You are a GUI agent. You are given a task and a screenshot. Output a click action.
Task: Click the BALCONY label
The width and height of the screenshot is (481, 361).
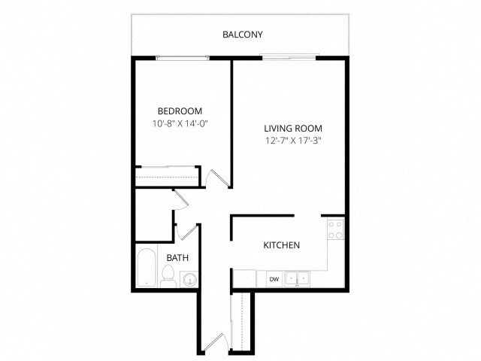coord(243,35)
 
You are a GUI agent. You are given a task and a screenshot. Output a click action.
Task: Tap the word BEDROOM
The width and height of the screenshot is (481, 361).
coord(180,111)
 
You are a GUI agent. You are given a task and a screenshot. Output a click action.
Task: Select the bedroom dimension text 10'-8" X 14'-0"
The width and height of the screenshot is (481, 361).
coord(180,123)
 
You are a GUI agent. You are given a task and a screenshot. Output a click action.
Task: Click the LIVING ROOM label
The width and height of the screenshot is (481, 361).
coord(293,129)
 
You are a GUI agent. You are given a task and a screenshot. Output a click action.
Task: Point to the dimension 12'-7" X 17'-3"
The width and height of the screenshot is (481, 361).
coord(293,141)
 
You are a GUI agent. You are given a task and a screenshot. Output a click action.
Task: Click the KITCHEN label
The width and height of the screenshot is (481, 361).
coord(282,245)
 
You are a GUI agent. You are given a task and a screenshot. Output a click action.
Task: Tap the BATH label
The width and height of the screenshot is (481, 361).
coord(177,257)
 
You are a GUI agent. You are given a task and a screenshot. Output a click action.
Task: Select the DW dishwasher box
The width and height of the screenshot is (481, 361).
coord(274,279)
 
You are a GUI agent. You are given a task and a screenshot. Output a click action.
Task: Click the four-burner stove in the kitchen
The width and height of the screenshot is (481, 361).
coord(335,229)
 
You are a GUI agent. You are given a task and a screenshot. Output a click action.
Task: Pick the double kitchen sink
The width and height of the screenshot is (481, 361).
coord(297,279)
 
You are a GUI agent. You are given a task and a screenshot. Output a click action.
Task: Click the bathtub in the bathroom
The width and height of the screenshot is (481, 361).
coord(147,268)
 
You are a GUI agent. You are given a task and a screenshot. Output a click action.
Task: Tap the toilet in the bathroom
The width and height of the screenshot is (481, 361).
coord(168,276)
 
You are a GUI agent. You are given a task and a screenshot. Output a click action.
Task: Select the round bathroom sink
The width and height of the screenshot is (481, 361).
coord(189,279)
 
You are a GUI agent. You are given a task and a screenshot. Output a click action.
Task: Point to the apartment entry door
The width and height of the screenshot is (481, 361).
coord(216,342)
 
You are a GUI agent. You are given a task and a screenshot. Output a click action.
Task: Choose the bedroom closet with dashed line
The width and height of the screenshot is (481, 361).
coord(167,176)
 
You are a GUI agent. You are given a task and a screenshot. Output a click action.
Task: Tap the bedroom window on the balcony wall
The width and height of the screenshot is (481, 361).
coord(183,58)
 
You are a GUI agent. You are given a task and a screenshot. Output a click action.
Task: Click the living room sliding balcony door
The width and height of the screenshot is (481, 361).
coord(289,56)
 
